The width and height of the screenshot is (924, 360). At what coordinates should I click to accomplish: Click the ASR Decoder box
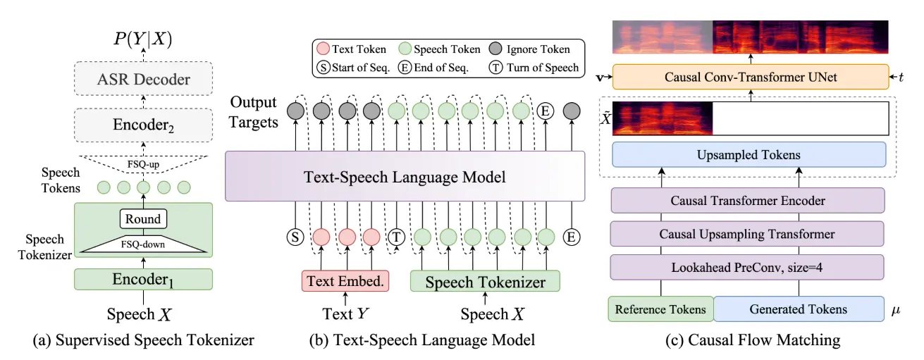pos(144,79)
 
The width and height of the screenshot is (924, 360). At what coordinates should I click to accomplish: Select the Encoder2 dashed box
pos(144,125)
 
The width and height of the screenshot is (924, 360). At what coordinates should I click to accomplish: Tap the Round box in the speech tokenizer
pos(143,218)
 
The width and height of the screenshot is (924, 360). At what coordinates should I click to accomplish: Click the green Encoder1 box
pos(144,279)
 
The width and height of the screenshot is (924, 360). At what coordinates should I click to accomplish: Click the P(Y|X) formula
pos(143,38)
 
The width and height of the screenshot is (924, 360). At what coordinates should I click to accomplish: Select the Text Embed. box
pos(345,281)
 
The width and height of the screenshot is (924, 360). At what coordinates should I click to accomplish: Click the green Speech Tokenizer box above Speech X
pos(485,281)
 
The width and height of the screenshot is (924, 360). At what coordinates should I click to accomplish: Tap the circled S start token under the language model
pos(295,237)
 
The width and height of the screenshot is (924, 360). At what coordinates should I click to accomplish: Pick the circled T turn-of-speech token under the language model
pos(396,237)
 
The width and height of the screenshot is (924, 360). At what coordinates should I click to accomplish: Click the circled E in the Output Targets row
pos(546,111)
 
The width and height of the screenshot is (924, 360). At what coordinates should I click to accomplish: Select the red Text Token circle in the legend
pos(323,49)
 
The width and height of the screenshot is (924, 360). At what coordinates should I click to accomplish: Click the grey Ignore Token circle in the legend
pos(495,49)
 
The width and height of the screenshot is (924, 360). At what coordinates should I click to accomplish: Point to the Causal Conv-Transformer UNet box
pos(751,77)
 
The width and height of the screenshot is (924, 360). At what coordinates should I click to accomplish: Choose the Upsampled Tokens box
pos(749,155)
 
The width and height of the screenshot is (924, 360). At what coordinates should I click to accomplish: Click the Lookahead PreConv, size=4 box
pos(747,267)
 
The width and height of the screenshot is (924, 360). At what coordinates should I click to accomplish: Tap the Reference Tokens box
pos(661,309)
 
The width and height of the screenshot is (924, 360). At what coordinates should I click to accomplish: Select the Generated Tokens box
pos(799,309)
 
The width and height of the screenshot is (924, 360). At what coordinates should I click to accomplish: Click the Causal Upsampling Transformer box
pos(747,234)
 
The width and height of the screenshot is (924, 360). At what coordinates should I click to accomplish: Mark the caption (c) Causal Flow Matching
pos(753,340)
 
